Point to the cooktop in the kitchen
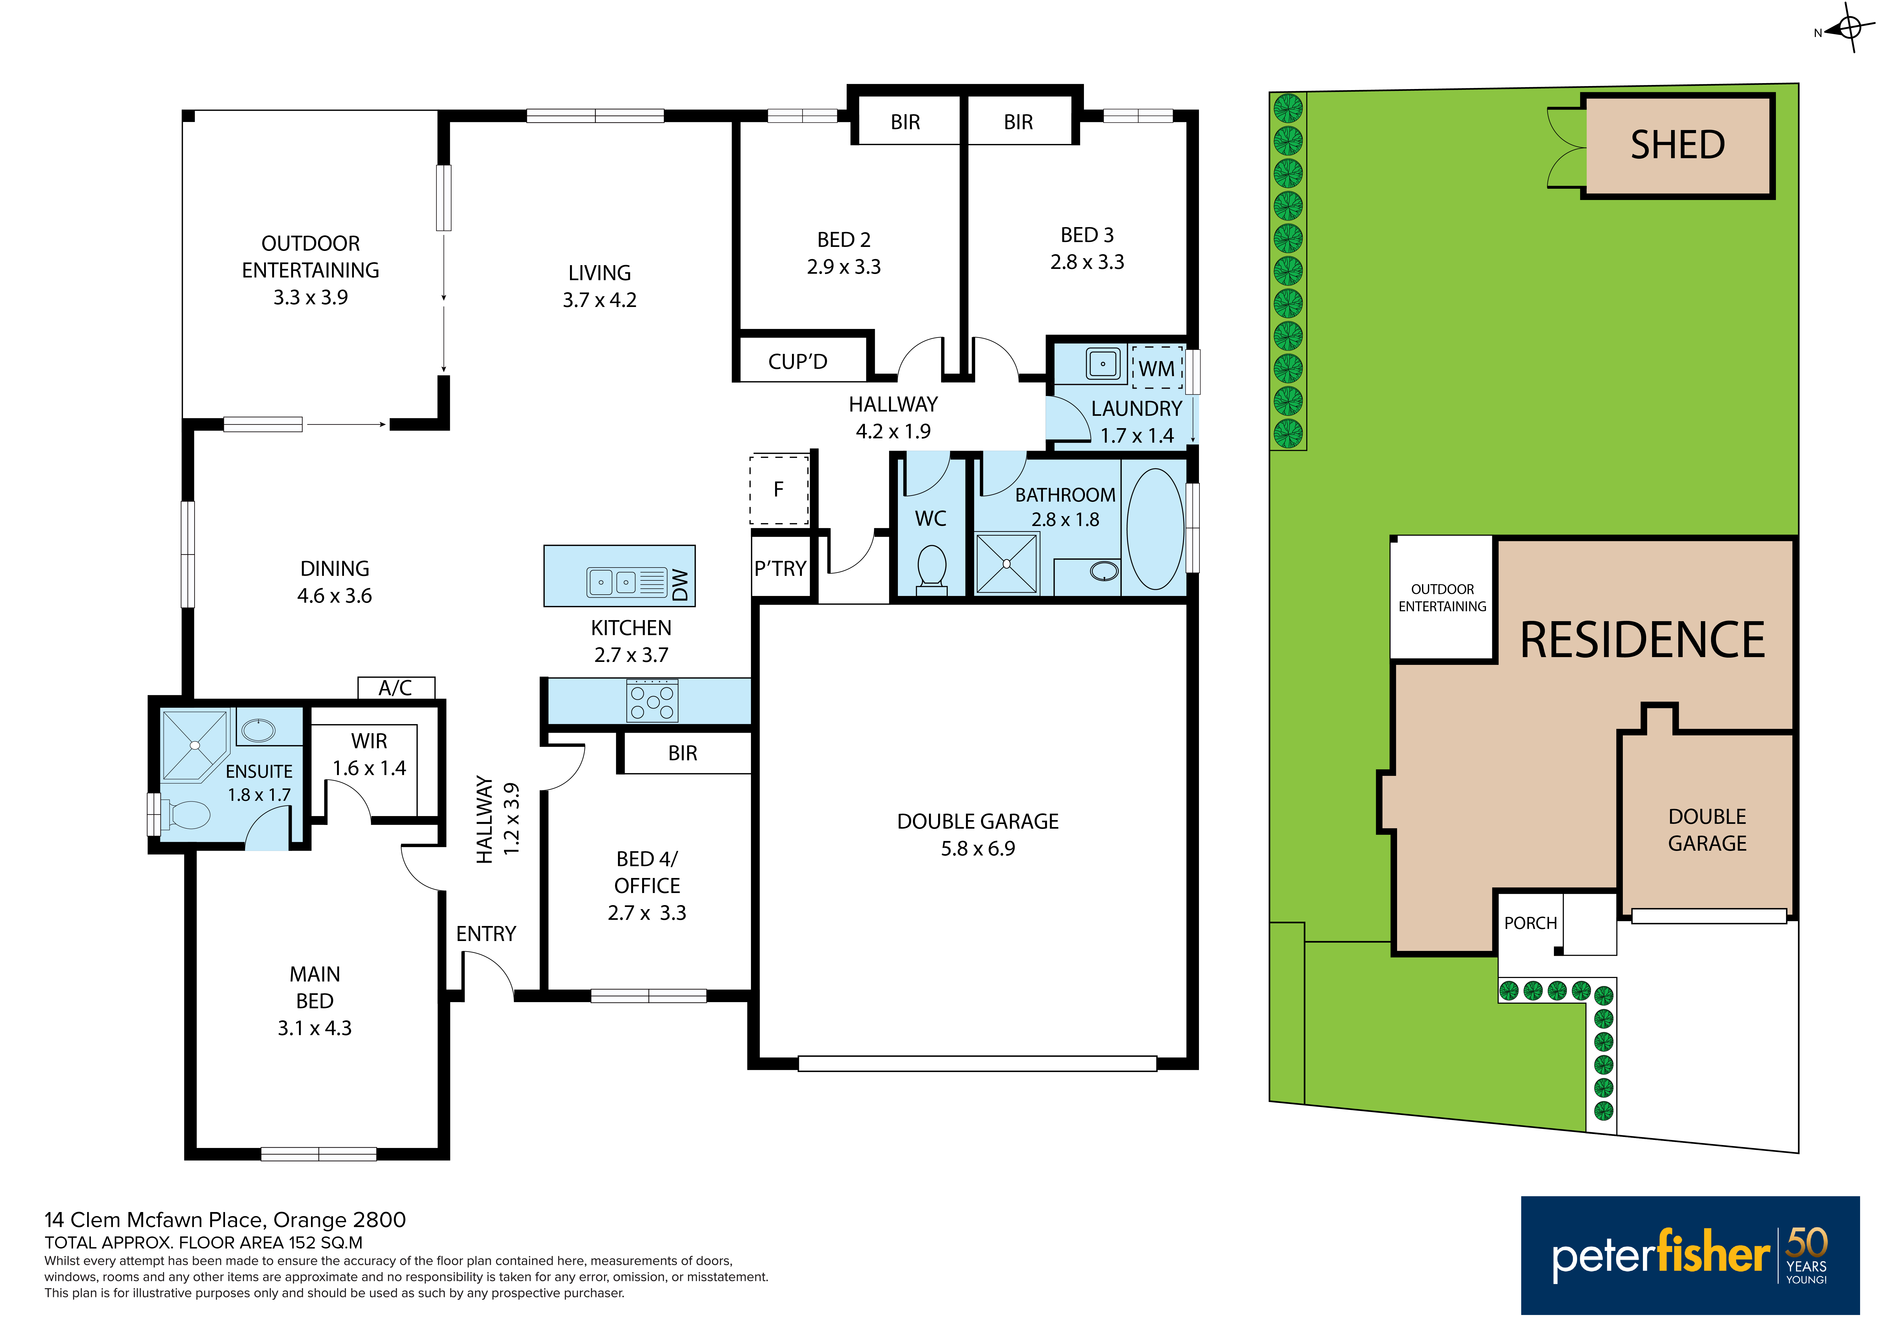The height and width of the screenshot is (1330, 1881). point(652,701)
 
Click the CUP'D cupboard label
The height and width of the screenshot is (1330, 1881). point(798,361)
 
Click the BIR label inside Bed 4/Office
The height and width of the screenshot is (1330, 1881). point(682,753)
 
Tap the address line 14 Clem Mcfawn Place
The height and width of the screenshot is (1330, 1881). point(225,1220)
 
